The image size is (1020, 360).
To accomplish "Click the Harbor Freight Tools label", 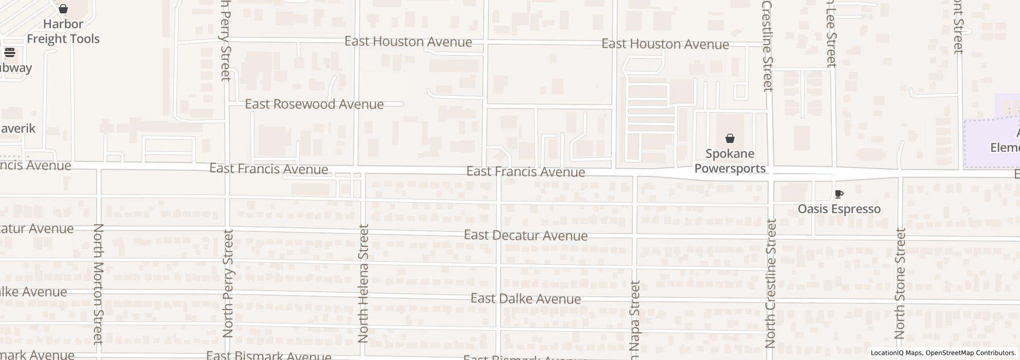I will [x=63, y=31].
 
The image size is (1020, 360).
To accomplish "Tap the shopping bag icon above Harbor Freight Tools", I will [x=63, y=9].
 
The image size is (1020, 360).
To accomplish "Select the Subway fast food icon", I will [x=9, y=52].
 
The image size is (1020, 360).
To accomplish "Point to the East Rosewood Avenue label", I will [x=314, y=104].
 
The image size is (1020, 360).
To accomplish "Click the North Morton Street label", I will [x=98, y=284].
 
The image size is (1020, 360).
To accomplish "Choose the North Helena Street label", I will [x=363, y=284].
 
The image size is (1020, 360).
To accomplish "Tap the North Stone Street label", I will [x=900, y=284].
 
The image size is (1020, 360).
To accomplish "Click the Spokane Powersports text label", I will [x=730, y=161].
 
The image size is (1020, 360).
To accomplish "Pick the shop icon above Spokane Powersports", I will [x=730, y=138].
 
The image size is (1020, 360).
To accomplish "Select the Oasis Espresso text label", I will [x=839, y=209].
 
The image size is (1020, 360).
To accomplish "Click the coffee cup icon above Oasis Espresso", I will [x=839, y=194].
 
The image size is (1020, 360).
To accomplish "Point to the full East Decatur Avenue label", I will [x=525, y=235].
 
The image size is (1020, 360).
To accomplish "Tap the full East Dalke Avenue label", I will [x=525, y=298].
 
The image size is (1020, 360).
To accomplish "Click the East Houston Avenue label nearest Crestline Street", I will [x=665, y=44].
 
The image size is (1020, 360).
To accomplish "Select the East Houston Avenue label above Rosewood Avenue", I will [x=408, y=42].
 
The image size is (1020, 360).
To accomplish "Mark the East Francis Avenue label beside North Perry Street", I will [x=268, y=169].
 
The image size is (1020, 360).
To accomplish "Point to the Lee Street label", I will [x=831, y=34].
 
